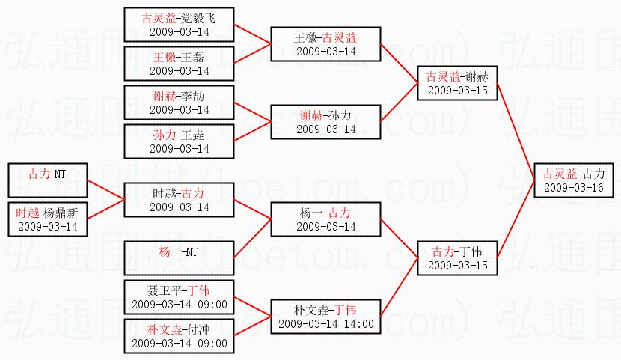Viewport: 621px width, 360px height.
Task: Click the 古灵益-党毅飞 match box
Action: coord(179,25)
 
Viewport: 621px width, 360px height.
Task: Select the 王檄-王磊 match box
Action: coord(179,64)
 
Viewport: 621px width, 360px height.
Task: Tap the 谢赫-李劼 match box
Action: coord(179,103)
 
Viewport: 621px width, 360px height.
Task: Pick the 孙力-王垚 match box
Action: coord(179,141)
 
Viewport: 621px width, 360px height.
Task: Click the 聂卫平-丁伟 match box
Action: coord(179,297)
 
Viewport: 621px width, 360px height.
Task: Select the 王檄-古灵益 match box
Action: coord(325,44)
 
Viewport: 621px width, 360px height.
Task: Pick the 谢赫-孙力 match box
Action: coord(325,122)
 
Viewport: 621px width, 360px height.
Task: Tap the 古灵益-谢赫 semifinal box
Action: coord(457,83)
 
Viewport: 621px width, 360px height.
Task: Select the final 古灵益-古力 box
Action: coord(574,180)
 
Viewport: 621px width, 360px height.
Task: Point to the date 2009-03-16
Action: coord(574,188)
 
